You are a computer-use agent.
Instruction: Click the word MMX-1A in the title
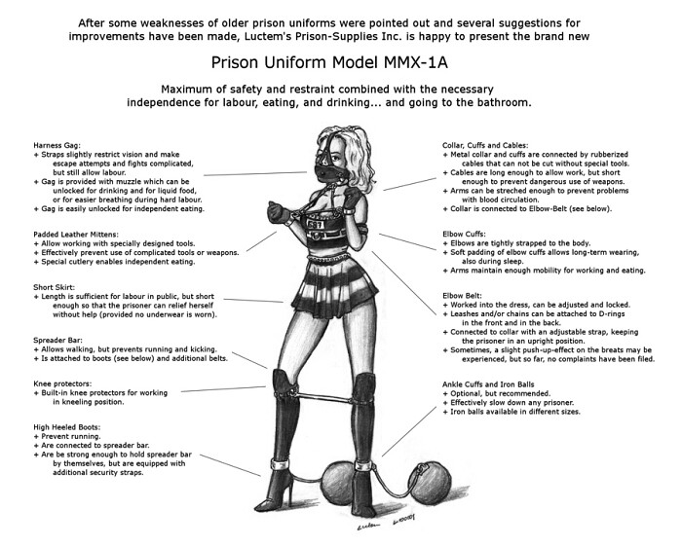415,62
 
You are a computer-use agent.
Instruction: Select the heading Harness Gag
57,146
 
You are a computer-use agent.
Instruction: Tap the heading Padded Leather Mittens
76,235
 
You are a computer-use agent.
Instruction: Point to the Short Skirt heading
54,287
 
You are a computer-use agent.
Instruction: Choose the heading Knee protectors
62,383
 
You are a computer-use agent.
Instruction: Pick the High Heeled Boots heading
67,427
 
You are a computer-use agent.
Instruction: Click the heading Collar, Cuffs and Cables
485,146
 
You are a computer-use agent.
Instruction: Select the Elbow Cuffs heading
464,235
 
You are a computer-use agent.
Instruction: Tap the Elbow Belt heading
462,296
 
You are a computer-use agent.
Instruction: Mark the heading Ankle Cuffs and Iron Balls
488,384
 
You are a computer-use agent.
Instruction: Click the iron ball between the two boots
337,482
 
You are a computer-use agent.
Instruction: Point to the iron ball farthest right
431,483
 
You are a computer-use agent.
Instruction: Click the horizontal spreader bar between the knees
328,399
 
